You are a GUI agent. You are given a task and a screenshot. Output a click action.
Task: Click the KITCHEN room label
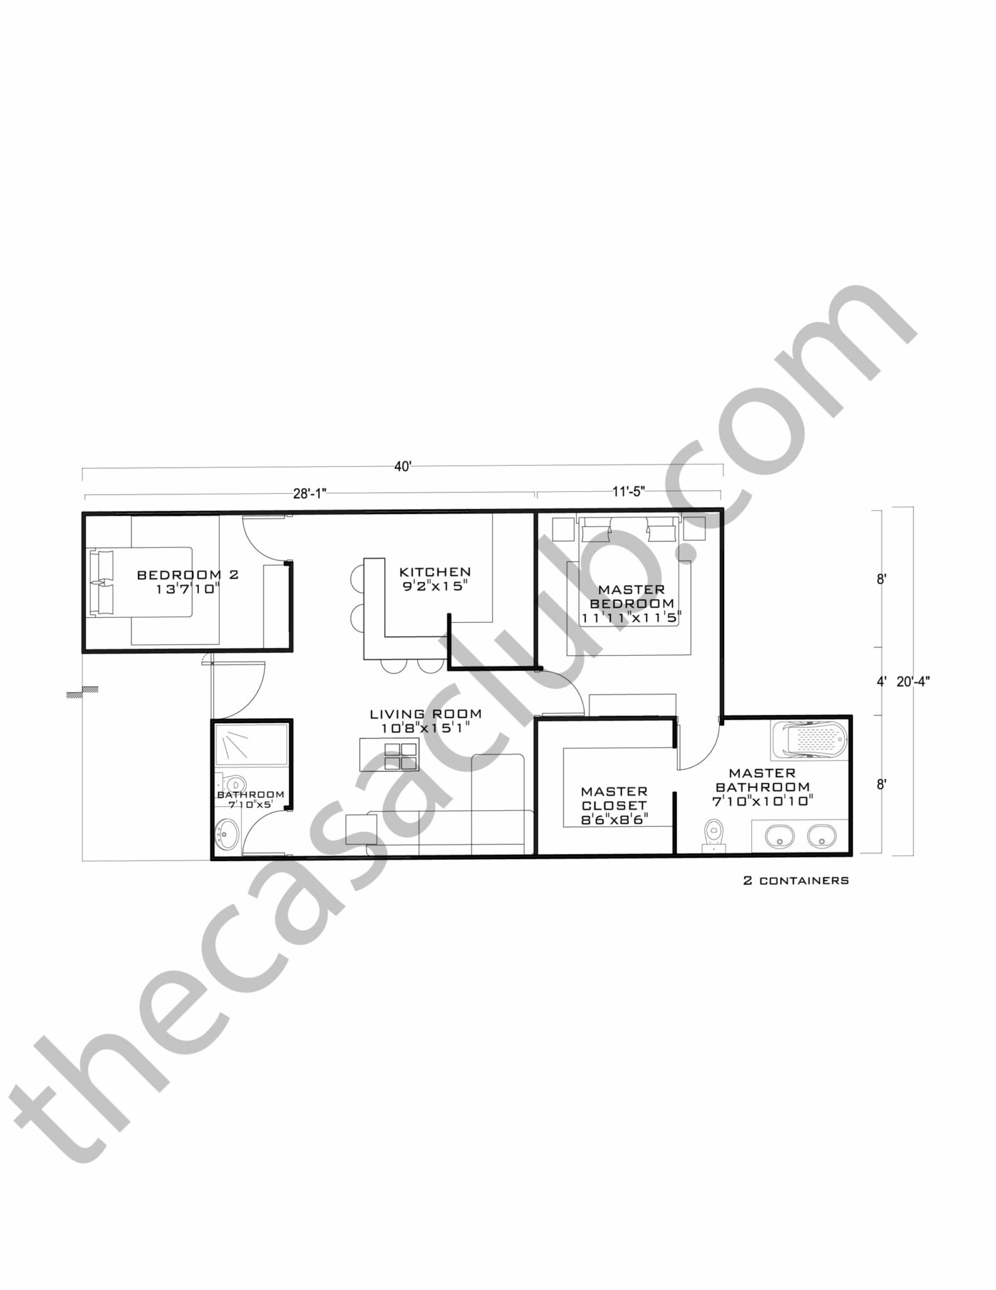(x=435, y=572)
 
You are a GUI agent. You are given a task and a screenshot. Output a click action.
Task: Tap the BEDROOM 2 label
(x=188, y=574)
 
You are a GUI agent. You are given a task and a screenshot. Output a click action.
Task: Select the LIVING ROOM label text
(x=426, y=714)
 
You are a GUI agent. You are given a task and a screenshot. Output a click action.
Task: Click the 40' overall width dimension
(x=402, y=467)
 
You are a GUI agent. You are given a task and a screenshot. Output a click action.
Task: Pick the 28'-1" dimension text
(x=310, y=494)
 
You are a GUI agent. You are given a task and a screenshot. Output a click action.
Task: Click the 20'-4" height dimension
(x=913, y=681)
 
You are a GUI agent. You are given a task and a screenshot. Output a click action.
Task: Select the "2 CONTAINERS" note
(x=796, y=881)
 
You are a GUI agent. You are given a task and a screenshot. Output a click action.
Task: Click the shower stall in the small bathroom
(x=251, y=745)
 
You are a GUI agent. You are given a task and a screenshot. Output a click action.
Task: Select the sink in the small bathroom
(x=227, y=834)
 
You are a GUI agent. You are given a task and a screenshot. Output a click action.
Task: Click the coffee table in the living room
(x=389, y=755)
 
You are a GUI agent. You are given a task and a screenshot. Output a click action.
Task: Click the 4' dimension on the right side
(x=881, y=681)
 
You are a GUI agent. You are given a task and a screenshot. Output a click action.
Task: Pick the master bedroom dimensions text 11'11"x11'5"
(x=631, y=618)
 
